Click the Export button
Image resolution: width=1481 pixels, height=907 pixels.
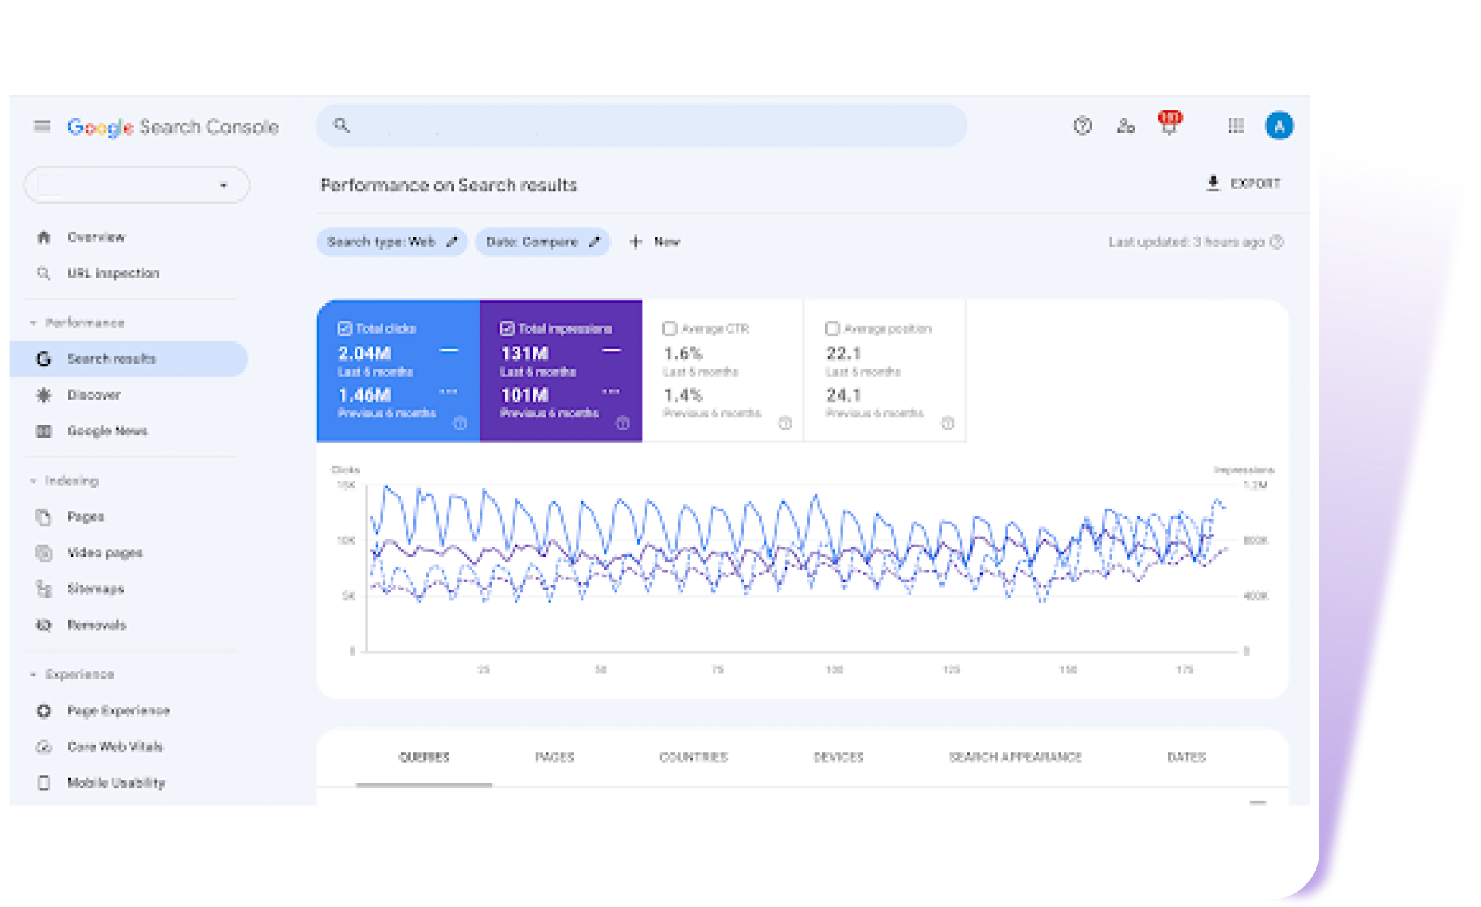coord(1244,184)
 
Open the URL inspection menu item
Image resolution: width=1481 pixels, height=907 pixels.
coord(112,273)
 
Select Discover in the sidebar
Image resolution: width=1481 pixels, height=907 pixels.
coord(93,395)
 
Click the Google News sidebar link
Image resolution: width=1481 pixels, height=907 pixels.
coord(107,431)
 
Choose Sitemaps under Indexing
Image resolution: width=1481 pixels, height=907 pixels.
coord(95,588)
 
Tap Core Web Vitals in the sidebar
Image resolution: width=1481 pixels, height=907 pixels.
coord(115,747)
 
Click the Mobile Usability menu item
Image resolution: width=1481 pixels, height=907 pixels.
coord(115,783)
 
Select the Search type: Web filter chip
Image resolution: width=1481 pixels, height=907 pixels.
coord(391,242)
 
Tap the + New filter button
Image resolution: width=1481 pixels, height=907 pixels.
coord(655,242)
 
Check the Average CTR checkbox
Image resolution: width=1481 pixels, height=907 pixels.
coord(670,328)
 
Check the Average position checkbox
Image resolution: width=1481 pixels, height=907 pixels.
coord(832,328)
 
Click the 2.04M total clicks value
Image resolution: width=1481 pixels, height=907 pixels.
coord(365,353)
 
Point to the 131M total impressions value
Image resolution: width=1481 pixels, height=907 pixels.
coord(524,353)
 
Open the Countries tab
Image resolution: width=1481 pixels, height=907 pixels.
coord(693,757)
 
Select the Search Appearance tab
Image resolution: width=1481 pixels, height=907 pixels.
coord(1015,757)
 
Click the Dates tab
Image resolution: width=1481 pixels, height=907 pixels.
coord(1187,757)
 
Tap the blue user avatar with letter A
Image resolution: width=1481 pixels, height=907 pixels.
coord(1279,126)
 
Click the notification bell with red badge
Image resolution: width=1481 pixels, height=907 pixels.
coord(1169,125)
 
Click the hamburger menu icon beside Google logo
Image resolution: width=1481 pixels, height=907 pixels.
coord(42,126)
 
